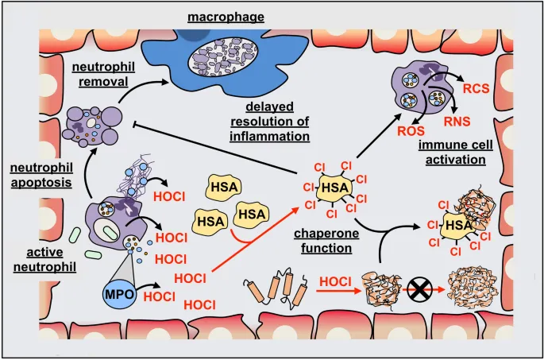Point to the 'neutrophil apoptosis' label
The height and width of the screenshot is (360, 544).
(x=41, y=175)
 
